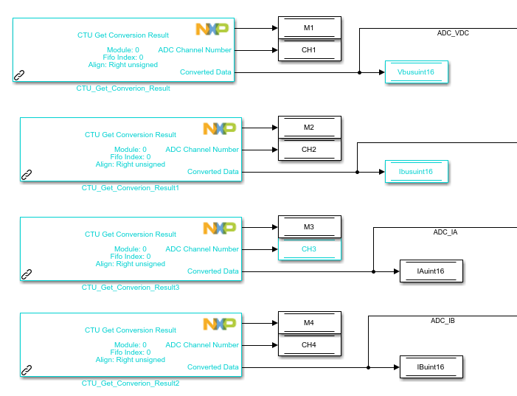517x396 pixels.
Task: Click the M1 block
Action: click(x=309, y=28)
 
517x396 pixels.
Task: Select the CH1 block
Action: click(x=309, y=50)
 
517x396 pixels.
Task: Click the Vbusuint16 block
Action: click(x=417, y=72)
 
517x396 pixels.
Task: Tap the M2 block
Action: click(x=309, y=128)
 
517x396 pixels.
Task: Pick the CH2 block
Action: click(x=309, y=150)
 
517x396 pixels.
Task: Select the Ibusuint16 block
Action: click(x=417, y=172)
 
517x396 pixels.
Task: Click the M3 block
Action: click(x=309, y=227)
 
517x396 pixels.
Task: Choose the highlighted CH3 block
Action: click(x=309, y=249)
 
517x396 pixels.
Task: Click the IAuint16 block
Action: click(x=431, y=271)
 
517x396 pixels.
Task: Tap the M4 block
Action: click(x=309, y=323)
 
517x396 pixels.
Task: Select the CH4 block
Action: click(x=309, y=345)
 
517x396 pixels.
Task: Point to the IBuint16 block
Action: click(x=431, y=367)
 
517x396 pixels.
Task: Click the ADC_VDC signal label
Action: click(x=453, y=33)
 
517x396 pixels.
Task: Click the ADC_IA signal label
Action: click(x=445, y=232)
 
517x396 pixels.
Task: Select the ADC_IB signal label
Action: click(x=443, y=321)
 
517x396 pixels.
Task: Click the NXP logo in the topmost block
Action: click(x=212, y=29)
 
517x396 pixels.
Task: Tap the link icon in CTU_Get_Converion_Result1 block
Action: click(x=27, y=175)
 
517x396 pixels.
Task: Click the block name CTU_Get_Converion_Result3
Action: click(x=131, y=288)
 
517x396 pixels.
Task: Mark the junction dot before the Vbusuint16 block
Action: click(x=359, y=72)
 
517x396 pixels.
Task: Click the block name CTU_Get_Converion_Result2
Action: click(x=131, y=383)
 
